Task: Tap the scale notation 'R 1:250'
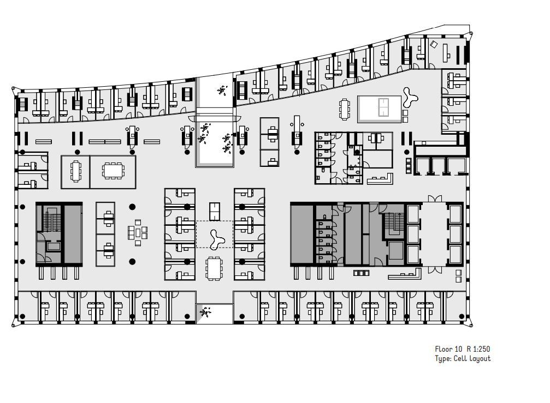pos(478,349)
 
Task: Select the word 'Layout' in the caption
pos(480,358)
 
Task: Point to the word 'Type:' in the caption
pos(443,359)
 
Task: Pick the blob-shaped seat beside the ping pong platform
pos(410,97)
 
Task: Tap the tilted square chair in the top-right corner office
pos(434,45)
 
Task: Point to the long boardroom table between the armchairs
pos(434,233)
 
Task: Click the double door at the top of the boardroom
pos(435,199)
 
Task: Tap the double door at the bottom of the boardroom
pos(435,269)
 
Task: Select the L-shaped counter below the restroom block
pos(380,179)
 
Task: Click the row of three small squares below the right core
pos(361,273)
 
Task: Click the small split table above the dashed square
pos(215,212)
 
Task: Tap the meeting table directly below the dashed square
pos(214,268)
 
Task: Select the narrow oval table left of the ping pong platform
pos(345,109)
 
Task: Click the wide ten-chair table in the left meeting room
pos(113,171)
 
